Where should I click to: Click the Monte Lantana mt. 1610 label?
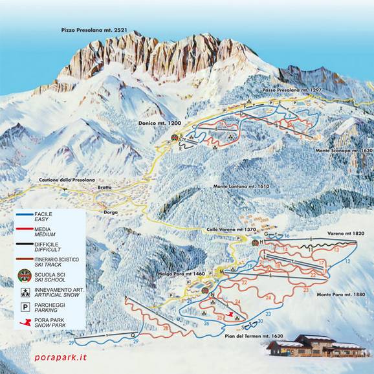click(x=240, y=186)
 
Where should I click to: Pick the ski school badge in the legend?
click(x=25, y=274)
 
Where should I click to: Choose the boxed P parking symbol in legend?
click(x=25, y=307)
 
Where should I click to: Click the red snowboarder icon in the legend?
click(x=25, y=322)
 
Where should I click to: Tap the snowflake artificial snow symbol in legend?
click(x=25, y=292)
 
